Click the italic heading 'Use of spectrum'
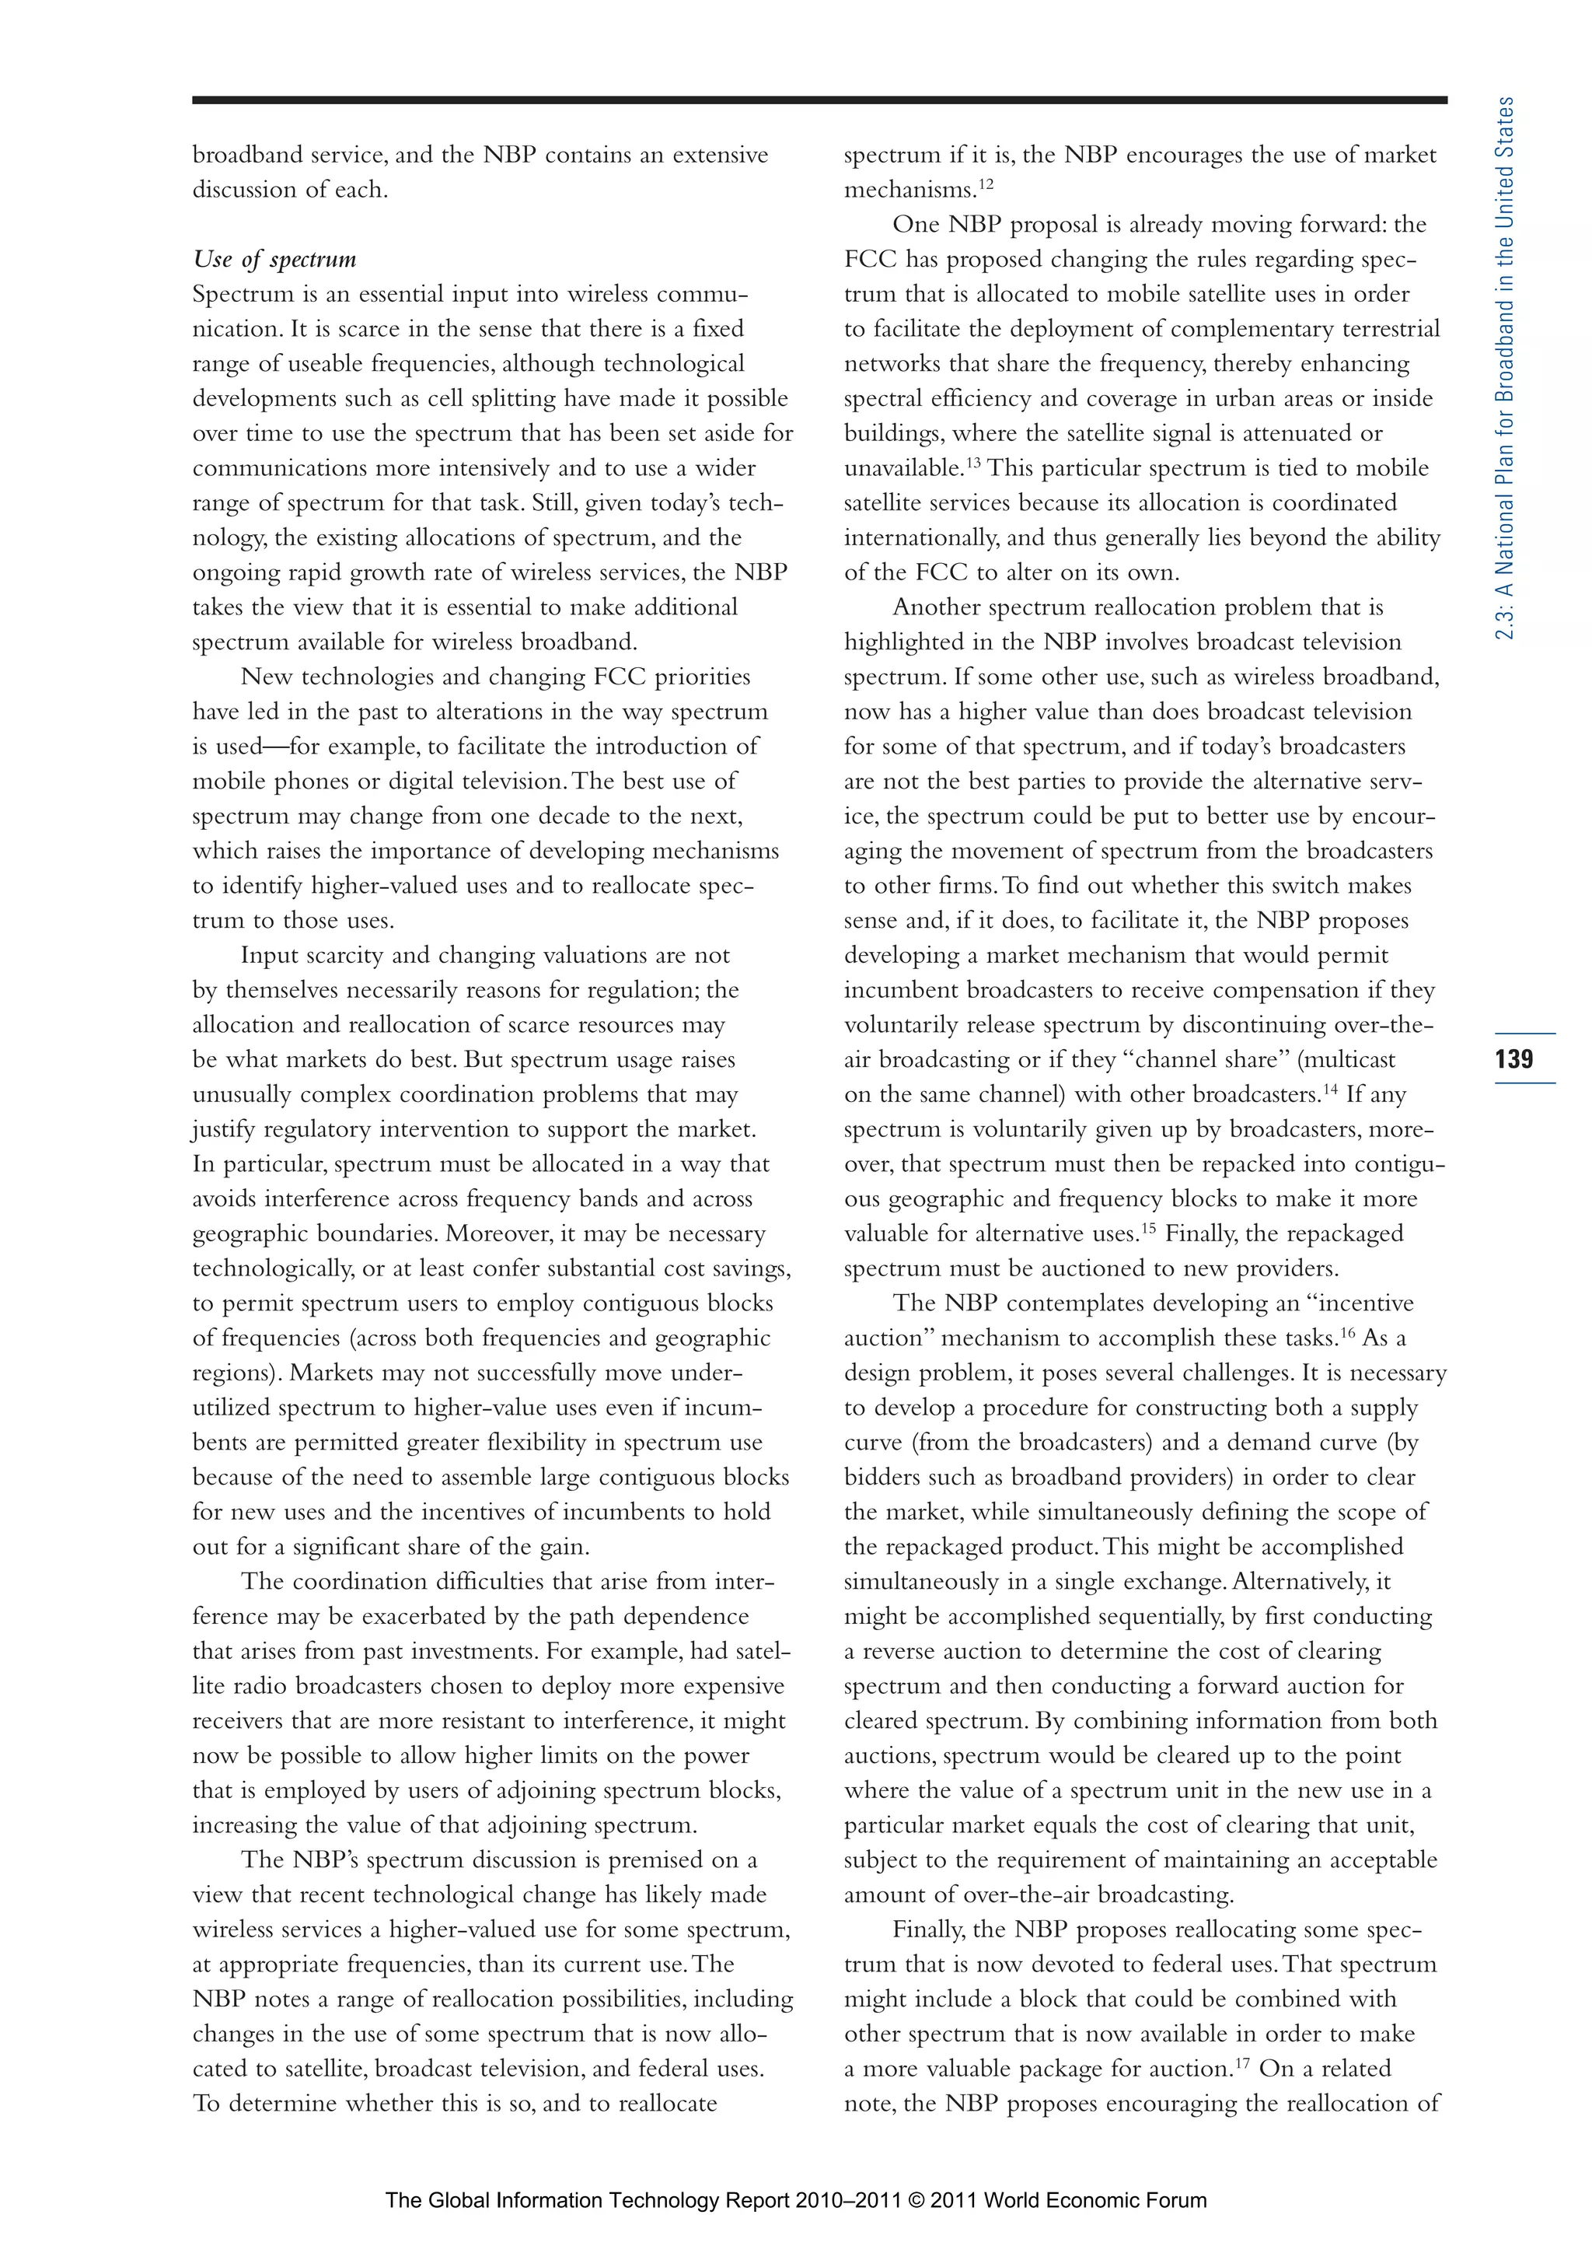click(x=274, y=259)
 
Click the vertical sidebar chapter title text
click(x=1505, y=368)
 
